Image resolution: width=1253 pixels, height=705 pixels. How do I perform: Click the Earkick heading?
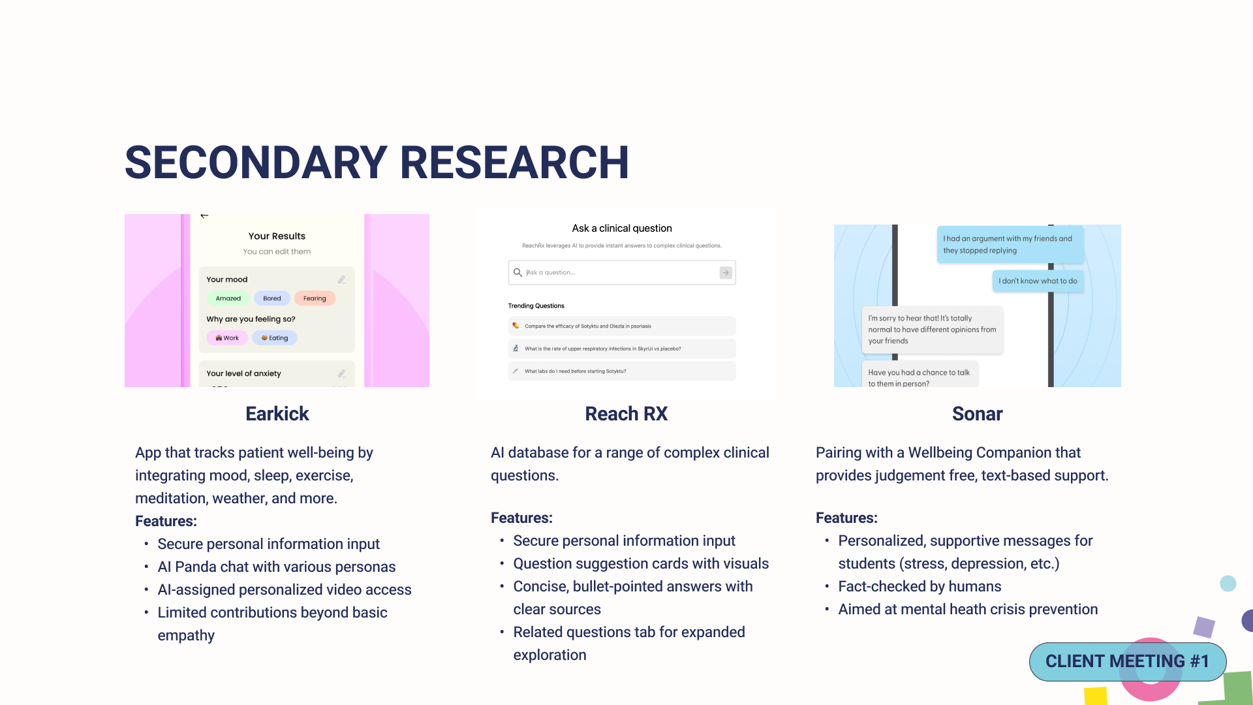[x=277, y=414]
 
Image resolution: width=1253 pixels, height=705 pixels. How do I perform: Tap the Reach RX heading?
[x=626, y=414]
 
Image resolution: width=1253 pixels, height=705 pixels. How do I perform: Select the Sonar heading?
[x=977, y=414]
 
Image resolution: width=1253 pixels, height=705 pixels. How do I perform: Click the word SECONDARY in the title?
[x=256, y=163]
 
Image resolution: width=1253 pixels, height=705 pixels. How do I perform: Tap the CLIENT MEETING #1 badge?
[x=1127, y=661]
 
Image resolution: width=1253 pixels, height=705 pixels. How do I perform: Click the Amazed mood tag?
[x=228, y=298]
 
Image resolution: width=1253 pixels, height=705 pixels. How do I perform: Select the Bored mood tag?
[x=272, y=298]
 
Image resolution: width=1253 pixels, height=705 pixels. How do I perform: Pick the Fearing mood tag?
[x=315, y=298]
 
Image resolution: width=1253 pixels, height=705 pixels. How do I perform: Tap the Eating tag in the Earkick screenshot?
[x=275, y=338]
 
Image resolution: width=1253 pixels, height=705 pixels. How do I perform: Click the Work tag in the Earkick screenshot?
[x=227, y=338]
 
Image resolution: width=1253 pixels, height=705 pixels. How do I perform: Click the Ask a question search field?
[x=613, y=273]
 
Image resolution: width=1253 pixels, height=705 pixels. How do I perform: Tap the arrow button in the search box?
[x=726, y=273]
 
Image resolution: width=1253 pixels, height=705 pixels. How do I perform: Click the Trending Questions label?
[x=536, y=305]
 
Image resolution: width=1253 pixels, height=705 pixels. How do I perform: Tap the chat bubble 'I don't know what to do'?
[x=1038, y=281]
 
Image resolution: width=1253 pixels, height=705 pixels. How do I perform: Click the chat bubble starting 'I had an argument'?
[x=1010, y=245]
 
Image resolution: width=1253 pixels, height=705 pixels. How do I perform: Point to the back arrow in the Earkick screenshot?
[x=204, y=216]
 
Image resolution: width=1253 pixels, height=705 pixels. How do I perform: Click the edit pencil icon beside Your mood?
[x=342, y=280]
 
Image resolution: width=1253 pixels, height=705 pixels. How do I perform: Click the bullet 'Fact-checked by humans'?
[x=920, y=587]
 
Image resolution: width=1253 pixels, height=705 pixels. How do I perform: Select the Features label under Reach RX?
[x=521, y=518]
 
